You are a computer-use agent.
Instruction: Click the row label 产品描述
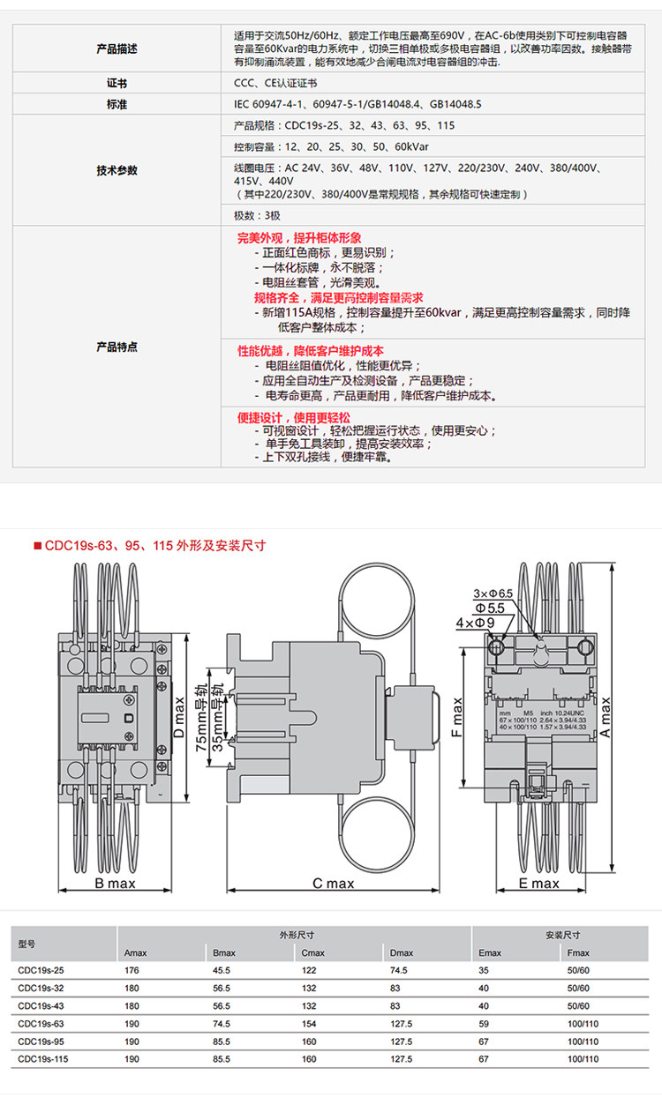[117, 49]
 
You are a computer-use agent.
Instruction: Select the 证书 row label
[117, 84]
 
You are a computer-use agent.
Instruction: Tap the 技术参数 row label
[117, 170]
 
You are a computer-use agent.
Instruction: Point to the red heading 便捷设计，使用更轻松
[294, 416]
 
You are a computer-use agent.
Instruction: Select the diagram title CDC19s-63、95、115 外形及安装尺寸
[154, 545]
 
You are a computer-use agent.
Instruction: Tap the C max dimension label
[333, 884]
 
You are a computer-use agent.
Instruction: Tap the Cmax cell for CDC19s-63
[309, 1024]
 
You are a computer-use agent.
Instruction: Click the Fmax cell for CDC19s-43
[578, 1006]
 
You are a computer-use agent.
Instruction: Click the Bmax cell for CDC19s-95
[222, 1042]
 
